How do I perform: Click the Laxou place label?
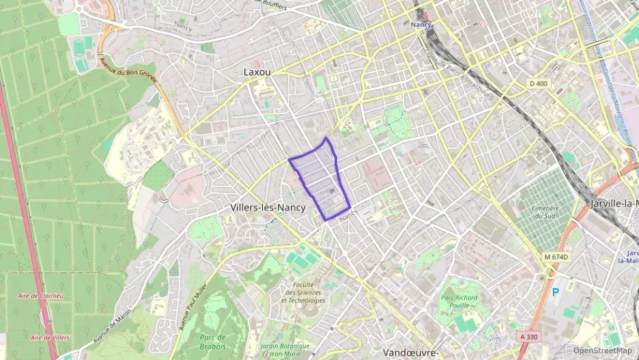[x=257, y=71]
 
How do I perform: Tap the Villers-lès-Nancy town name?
[x=267, y=207]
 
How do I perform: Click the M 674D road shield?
[x=556, y=256]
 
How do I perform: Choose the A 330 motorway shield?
[x=528, y=337]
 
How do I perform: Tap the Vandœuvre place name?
[x=410, y=352]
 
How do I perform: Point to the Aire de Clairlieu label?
[x=42, y=295]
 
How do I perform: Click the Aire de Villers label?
[x=49, y=337]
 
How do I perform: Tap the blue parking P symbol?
[x=555, y=292]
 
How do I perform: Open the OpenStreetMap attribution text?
[x=603, y=350]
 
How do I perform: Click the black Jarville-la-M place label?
[x=614, y=204]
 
